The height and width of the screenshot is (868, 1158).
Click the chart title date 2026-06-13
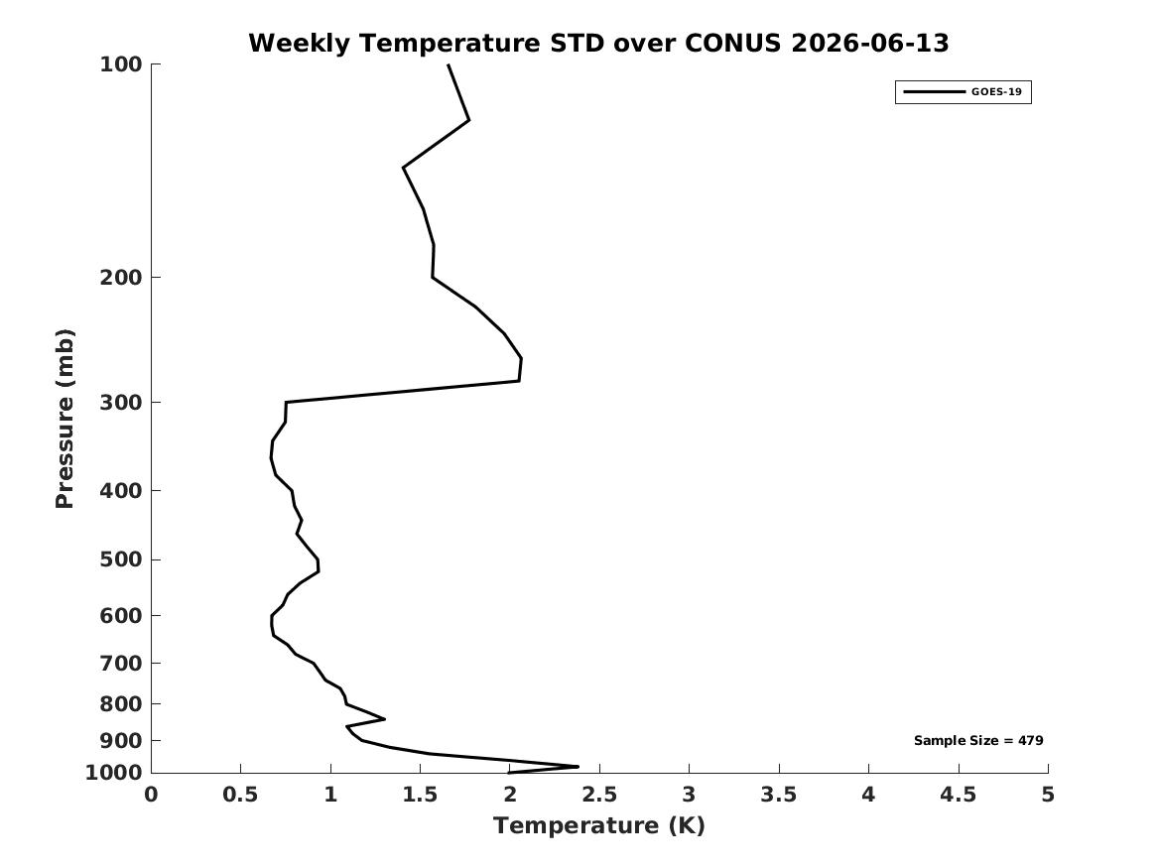click(869, 43)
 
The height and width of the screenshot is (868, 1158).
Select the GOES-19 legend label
click(996, 91)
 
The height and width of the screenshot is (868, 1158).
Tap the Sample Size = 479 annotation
click(978, 740)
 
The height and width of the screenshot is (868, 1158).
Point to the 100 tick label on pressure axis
click(120, 64)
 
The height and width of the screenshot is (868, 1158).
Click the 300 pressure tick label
click(120, 403)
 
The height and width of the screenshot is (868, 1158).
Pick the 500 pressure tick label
click(120, 559)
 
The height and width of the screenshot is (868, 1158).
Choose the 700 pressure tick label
click(120, 663)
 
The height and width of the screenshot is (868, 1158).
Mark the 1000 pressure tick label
click(114, 773)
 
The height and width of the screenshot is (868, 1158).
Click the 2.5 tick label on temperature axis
click(599, 795)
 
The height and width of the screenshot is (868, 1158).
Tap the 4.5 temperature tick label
click(958, 795)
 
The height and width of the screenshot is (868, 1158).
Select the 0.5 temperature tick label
click(240, 795)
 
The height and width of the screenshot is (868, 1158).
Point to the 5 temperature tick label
click(1047, 795)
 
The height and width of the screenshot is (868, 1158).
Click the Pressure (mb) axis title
click(64, 419)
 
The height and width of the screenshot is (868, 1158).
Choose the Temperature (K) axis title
click(599, 825)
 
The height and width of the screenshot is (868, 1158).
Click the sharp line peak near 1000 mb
click(578, 766)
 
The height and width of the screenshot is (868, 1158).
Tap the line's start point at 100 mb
click(449, 64)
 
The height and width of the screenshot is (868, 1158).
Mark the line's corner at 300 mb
click(286, 403)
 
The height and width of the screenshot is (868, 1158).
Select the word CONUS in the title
click(732, 43)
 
